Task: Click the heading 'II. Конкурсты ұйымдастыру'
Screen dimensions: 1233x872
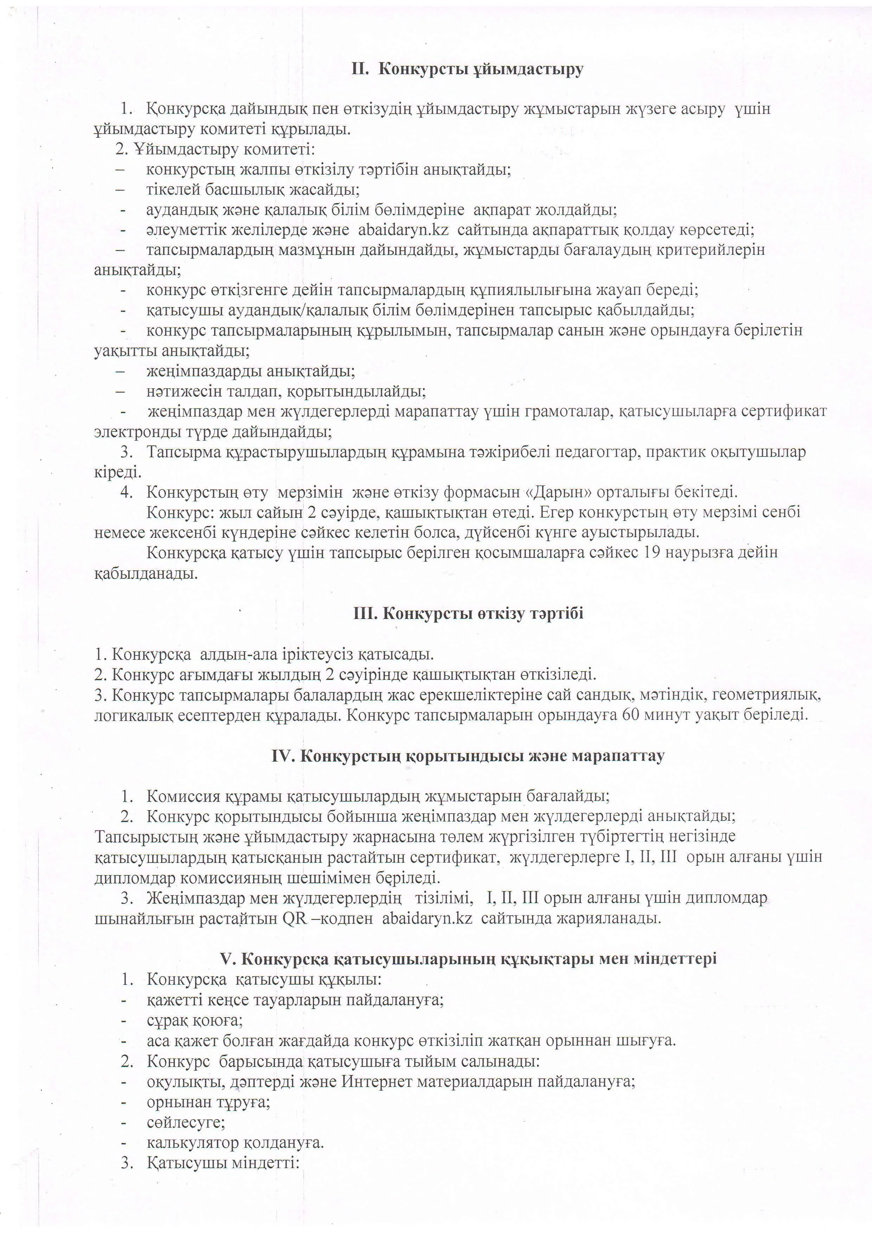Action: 467,70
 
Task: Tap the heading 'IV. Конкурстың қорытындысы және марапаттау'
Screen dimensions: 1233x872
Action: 467,756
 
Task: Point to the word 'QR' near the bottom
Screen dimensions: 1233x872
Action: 294,918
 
